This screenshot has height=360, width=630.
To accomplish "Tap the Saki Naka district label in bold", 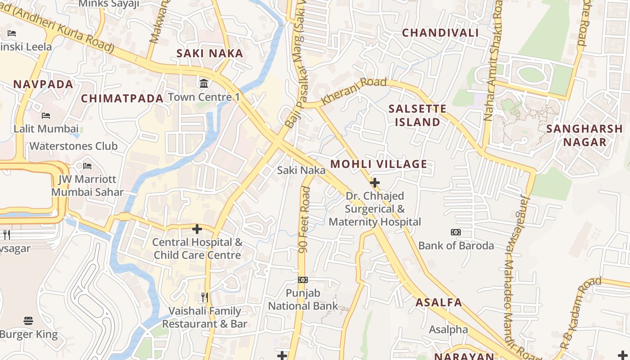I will coord(210,54).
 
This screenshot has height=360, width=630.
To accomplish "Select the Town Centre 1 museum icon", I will coord(204,83).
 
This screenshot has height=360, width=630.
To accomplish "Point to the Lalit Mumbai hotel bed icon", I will coord(46,116).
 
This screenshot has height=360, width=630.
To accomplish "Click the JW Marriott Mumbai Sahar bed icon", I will coord(87,166).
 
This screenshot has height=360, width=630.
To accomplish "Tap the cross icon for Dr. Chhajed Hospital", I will coord(374,183).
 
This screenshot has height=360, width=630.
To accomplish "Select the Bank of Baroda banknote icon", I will coord(456,232).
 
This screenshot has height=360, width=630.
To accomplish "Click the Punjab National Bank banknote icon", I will coord(303,280).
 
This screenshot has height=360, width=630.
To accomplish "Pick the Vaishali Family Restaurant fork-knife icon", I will coord(205,297).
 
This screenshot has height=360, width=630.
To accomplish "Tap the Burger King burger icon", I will coord(28,321).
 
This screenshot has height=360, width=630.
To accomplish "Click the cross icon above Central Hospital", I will coord(197,229).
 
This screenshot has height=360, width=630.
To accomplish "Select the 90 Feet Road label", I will coord(305,220).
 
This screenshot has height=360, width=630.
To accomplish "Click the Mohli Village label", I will coord(378,164).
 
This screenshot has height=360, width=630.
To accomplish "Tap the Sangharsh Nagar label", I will coord(584,135).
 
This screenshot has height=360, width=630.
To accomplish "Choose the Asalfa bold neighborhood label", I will coord(438,302).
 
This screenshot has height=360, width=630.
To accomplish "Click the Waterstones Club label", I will coord(73,146).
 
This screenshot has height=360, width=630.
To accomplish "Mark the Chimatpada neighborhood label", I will coord(122,99).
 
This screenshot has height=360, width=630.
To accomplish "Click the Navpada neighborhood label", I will coord(43,85).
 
